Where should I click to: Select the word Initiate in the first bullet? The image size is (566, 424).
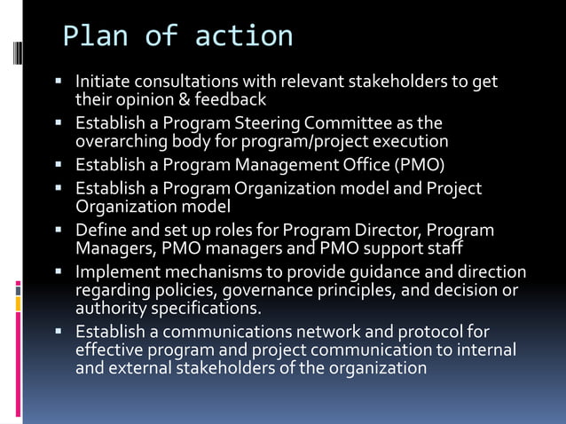point(102,82)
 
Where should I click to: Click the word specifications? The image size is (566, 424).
point(208,308)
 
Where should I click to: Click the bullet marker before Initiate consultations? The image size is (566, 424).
point(58,82)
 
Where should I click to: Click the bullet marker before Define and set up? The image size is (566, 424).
point(58,231)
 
